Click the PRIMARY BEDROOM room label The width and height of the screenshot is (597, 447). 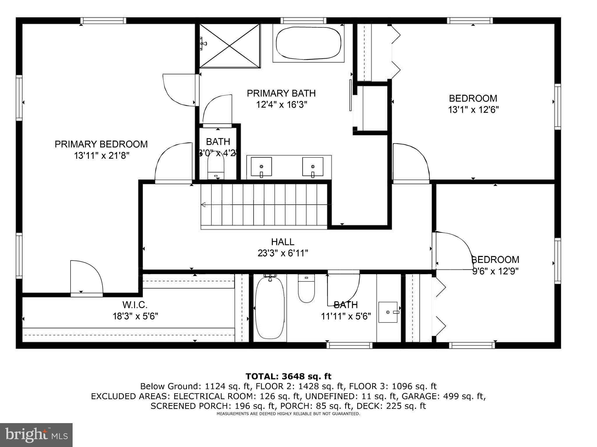[101, 144]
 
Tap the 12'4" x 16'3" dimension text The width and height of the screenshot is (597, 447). [282, 105]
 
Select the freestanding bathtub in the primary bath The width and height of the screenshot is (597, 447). [308, 43]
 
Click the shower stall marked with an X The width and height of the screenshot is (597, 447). [230, 46]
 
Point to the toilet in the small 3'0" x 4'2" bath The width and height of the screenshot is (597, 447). [216, 167]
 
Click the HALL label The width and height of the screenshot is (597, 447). [282, 242]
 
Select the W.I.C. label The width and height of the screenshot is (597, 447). [135, 305]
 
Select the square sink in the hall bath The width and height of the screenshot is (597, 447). [388, 312]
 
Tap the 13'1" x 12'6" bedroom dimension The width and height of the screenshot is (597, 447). [473, 110]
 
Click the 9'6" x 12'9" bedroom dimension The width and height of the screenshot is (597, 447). [495, 272]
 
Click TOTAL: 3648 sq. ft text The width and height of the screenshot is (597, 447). [288, 376]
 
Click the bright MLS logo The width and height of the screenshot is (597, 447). [36, 435]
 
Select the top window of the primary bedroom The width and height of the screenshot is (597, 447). [103, 21]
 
